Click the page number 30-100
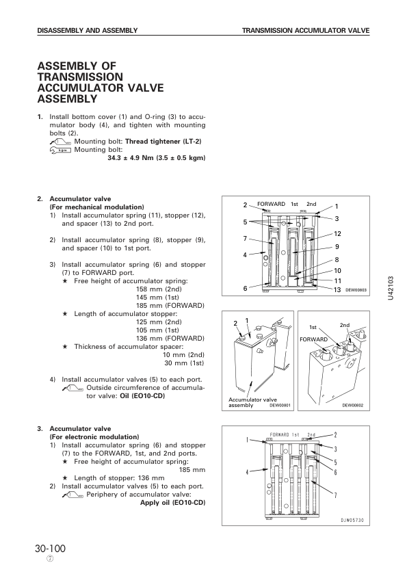(x=51, y=549)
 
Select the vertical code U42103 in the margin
(x=391, y=288)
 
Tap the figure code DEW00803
(x=356, y=290)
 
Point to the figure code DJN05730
(x=352, y=520)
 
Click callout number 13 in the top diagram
(x=337, y=290)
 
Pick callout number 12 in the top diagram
(x=338, y=234)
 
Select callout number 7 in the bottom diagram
(x=335, y=495)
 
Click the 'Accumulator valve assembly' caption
(x=252, y=402)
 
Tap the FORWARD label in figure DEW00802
(x=313, y=339)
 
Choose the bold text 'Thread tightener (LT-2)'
(x=163, y=142)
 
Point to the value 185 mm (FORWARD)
(x=170, y=306)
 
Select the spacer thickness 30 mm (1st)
(x=184, y=363)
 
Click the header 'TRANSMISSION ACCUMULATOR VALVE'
(x=306, y=31)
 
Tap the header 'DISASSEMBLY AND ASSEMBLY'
(x=88, y=31)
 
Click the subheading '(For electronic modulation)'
(x=94, y=436)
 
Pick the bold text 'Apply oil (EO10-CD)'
(x=172, y=503)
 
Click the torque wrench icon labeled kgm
(x=60, y=150)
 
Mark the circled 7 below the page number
(x=51, y=559)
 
